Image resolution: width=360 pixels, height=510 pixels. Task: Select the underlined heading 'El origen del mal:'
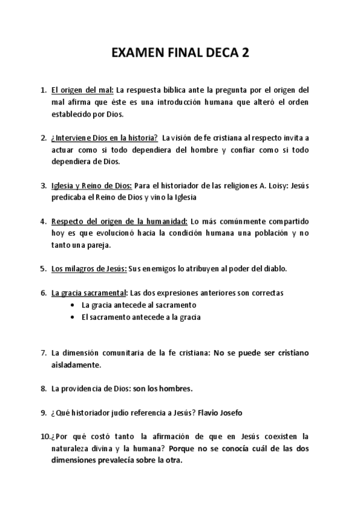[82, 90]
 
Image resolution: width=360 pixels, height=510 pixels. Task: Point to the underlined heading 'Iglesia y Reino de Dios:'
[91, 185]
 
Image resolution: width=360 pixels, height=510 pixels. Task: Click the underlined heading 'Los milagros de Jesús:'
[89, 269]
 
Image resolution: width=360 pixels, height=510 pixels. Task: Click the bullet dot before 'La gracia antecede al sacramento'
[72, 305]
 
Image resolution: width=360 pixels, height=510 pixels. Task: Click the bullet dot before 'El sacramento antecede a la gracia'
[72, 316]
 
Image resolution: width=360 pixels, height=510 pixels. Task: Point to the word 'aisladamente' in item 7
[76, 364]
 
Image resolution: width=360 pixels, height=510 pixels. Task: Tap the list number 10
[44, 436]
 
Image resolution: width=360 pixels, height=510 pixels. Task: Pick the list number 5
[44, 269]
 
